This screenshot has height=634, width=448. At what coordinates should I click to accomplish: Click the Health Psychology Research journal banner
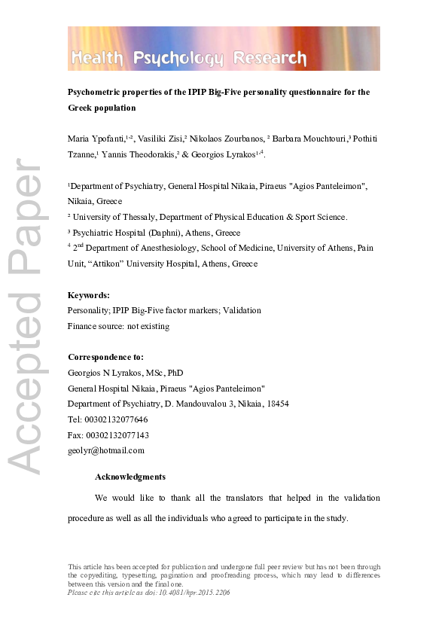point(224,49)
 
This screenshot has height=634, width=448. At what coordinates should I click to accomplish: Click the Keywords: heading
point(89,295)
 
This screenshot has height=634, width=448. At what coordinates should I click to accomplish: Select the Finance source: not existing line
point(118,326)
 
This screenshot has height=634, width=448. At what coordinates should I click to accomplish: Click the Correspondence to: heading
point(105,357)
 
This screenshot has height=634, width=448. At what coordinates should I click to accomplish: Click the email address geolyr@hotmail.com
point(105,450)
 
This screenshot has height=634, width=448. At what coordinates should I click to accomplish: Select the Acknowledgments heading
point(130,477)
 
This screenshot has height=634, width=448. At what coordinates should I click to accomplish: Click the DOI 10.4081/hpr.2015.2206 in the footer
point(191,593)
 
